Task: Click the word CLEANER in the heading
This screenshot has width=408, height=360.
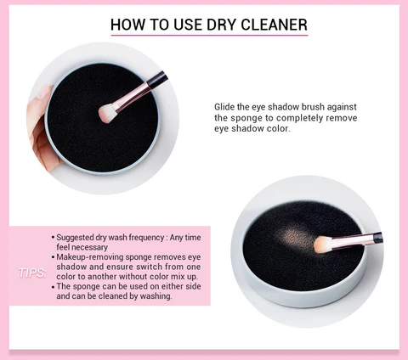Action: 274,25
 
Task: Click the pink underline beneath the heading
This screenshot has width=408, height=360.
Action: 209,36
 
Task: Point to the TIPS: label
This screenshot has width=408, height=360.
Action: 32,273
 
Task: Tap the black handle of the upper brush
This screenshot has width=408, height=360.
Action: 157,79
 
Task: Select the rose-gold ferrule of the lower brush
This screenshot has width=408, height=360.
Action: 352,241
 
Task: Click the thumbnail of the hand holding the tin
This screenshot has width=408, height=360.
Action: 43,92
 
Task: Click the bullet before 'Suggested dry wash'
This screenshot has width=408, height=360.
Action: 53,238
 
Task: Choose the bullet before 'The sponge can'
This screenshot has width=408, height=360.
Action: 53,287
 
